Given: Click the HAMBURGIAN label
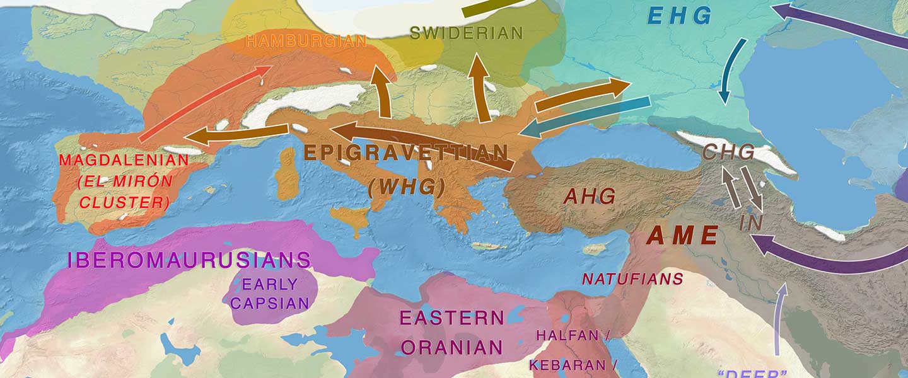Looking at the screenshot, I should (306, 42).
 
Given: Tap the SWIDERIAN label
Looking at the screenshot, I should (467, 33).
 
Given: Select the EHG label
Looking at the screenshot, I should (680, 16).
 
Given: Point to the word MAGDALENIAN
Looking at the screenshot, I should (124, 160).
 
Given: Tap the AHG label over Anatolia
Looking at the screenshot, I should (590, 197).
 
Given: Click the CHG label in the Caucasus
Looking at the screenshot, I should (729, 152).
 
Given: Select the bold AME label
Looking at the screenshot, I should (683, 236).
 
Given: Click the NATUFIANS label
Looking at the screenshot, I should (632, 278).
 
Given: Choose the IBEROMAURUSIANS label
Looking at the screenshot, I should (189, 260).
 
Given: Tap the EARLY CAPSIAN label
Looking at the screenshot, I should (269, 294).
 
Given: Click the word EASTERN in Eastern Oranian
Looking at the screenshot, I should (452, 318).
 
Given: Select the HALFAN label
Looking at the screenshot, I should (567, 335).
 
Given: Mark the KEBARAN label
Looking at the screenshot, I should (566, 365).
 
